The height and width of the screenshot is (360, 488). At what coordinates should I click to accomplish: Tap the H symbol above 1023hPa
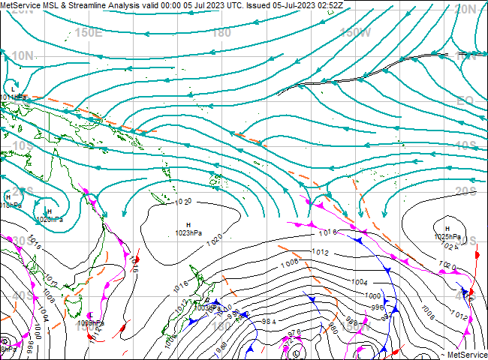[x=188, y=225]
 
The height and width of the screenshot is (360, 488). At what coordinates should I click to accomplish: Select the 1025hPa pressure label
[x=446, y=237]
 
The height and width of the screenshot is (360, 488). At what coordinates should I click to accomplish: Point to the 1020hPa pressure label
[x=50, y=220]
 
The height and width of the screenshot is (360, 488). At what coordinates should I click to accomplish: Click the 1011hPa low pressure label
[x=14, y=97]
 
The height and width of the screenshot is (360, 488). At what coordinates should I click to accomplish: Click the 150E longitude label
[x=89, y=32]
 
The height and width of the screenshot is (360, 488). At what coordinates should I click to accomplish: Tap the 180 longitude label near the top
[x=221, y=32]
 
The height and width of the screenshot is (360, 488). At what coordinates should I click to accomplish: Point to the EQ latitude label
[x=465, y=100]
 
